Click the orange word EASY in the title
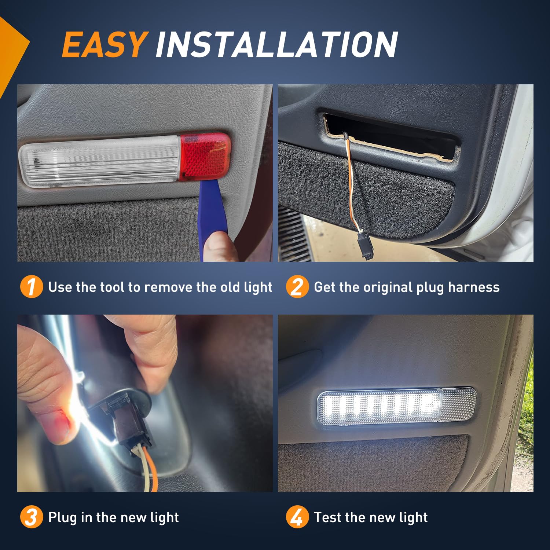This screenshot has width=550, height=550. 104,45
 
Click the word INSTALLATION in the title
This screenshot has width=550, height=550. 276,45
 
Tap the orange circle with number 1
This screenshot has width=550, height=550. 31,287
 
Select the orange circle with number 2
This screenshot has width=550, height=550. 297,287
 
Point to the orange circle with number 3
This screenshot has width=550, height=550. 31,517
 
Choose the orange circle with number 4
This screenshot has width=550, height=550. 297,517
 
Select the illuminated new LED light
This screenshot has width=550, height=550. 396,406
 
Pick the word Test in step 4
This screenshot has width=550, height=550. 328,517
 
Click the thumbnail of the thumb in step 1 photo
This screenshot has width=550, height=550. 218,246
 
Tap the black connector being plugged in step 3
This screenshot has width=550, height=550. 128,422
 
